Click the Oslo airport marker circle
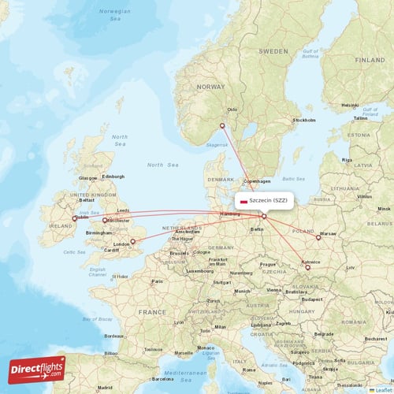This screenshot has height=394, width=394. click(x=222, y=125)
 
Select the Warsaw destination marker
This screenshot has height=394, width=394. click(x=318, y=236)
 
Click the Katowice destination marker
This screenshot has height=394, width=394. click(x=307, y=266)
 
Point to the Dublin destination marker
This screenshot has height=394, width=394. click(x=75, y=219)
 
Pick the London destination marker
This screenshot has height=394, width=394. click(x=132, y=241)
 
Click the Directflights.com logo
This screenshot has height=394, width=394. click(x=38, y=369)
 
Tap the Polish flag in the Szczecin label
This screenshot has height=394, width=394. click(x=243, y=201)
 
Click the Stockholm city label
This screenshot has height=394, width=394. click(x=304, y=121)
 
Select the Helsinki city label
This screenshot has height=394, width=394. click(x=350, y=104)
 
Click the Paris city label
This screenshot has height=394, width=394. click(x=158, y=281)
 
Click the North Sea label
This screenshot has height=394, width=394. click(x=163, y=165)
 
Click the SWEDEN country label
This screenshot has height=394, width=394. click(x=273, y=50)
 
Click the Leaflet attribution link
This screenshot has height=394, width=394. click(x=385, y=389)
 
